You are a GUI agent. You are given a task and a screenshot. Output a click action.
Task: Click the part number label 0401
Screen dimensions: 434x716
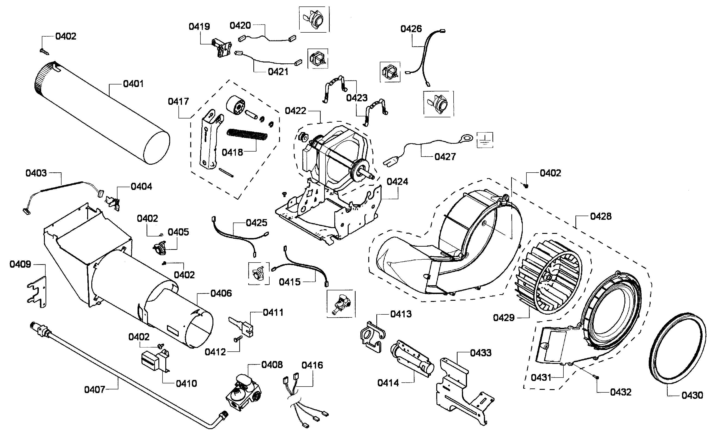[x=133, y=84]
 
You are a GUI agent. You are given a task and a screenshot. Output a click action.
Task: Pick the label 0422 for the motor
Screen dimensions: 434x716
[x=295, y=111]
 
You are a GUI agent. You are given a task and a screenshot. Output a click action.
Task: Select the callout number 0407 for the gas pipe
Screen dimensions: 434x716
[x=94, y=390]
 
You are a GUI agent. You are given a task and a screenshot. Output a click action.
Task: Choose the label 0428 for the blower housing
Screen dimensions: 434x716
[x=601, y=216]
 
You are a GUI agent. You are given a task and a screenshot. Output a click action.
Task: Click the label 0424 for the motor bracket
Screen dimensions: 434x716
[x=397, y=182]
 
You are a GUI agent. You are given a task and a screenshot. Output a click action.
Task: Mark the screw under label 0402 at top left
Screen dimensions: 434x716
[x=44, y=51]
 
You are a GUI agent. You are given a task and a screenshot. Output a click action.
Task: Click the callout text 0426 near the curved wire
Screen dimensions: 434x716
[x=411, y=29]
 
